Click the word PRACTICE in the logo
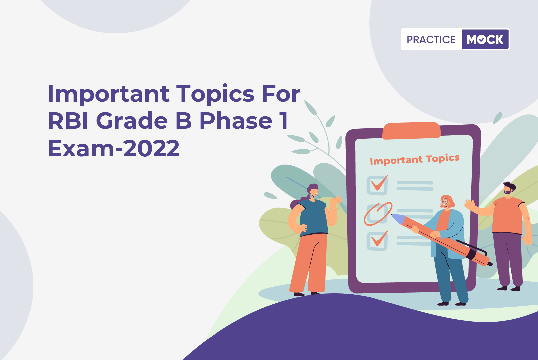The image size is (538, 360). tap(431, 39)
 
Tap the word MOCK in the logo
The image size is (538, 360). tap(485, 39)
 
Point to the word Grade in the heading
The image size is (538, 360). tap(132, 121)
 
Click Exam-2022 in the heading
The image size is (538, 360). tap(114, 148)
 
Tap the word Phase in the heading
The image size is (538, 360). tap(236, 121)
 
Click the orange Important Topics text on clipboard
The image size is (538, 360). tap(415, 160)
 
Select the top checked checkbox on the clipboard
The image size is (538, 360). tap(377, 185)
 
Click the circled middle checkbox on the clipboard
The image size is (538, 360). tap(378, 214)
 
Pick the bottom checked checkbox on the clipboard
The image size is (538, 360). tap(377, 241)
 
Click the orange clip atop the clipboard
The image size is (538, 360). tap(411, 131)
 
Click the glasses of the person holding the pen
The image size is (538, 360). tap(444, 201)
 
